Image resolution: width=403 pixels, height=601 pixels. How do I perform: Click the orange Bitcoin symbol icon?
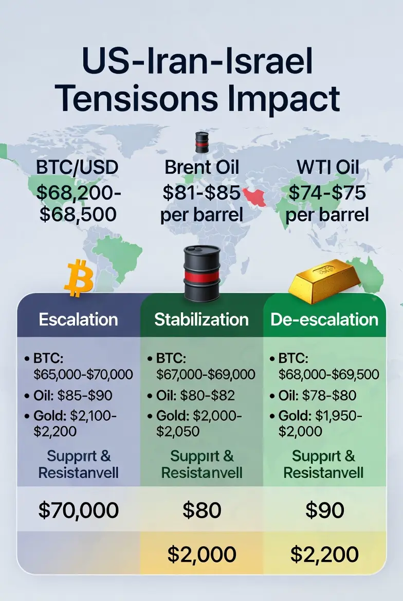tap(79, 278)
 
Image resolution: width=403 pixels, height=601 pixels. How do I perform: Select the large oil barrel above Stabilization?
tap(202, 273)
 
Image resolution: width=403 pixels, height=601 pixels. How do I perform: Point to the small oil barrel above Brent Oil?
tap(202, 142)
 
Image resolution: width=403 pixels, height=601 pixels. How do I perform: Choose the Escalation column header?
tap(78, 319)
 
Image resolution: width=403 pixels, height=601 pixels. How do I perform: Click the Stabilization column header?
tap(201, 319)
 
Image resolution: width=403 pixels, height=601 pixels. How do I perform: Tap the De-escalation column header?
tap(324, 319)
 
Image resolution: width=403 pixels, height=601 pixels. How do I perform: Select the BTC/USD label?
tap(77, 167)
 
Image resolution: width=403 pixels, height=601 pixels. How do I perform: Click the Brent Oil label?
tap(202, 167)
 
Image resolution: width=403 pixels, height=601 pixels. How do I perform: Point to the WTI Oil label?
tap(327, 167)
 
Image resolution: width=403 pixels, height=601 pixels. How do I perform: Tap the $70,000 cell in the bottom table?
tap(78, 510)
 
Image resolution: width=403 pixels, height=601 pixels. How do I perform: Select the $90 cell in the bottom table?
tap(325, 510)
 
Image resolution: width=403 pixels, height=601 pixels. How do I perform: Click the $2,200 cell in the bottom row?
tap(325, 554)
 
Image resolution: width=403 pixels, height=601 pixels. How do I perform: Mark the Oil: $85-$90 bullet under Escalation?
tap(68, 395)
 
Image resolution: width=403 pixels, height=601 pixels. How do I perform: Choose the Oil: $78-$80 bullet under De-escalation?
tap(314, 395)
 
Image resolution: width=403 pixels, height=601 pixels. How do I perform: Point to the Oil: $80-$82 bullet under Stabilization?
tap(191, 395)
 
